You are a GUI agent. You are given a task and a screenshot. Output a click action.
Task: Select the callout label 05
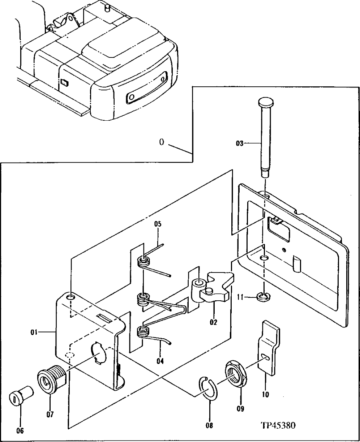coord(158,224)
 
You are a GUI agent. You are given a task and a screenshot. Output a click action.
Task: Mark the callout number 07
coord(50,415)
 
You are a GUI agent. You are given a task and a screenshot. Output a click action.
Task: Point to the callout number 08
coord(209,426)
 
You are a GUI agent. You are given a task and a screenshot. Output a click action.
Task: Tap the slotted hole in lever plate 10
coord(266,357)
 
